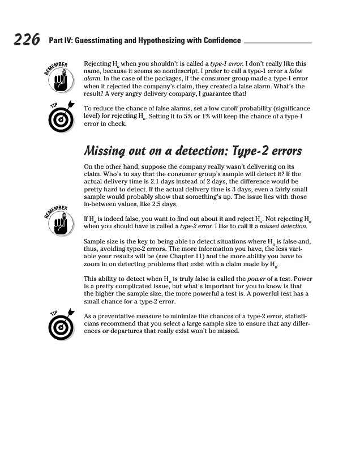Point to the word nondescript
point(173,71)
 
